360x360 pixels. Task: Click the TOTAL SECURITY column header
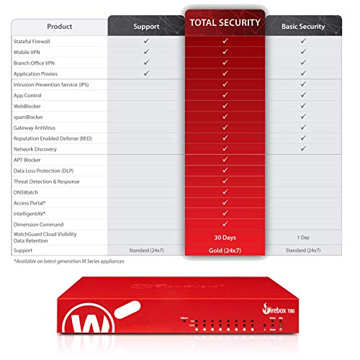point(225,23)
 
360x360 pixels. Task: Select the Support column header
point(146,27)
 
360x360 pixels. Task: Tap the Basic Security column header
point(303,27)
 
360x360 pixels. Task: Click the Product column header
point(59,27)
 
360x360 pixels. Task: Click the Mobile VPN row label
point(27,52)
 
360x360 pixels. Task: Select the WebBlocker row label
point(28,106)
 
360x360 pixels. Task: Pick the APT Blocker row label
point(28,160)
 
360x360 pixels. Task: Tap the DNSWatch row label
point(27,192)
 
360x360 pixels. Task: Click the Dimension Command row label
point(39,224)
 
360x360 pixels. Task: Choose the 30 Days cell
point(225,237)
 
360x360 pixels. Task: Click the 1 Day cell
point(303,237)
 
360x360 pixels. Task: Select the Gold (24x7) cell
point(225,250)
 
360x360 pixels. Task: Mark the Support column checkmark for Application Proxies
point(146,73)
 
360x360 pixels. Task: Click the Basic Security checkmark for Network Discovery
point(303,149)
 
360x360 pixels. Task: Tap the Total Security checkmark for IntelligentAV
point(225,213)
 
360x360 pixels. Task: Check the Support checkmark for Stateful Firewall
point(146,41)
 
